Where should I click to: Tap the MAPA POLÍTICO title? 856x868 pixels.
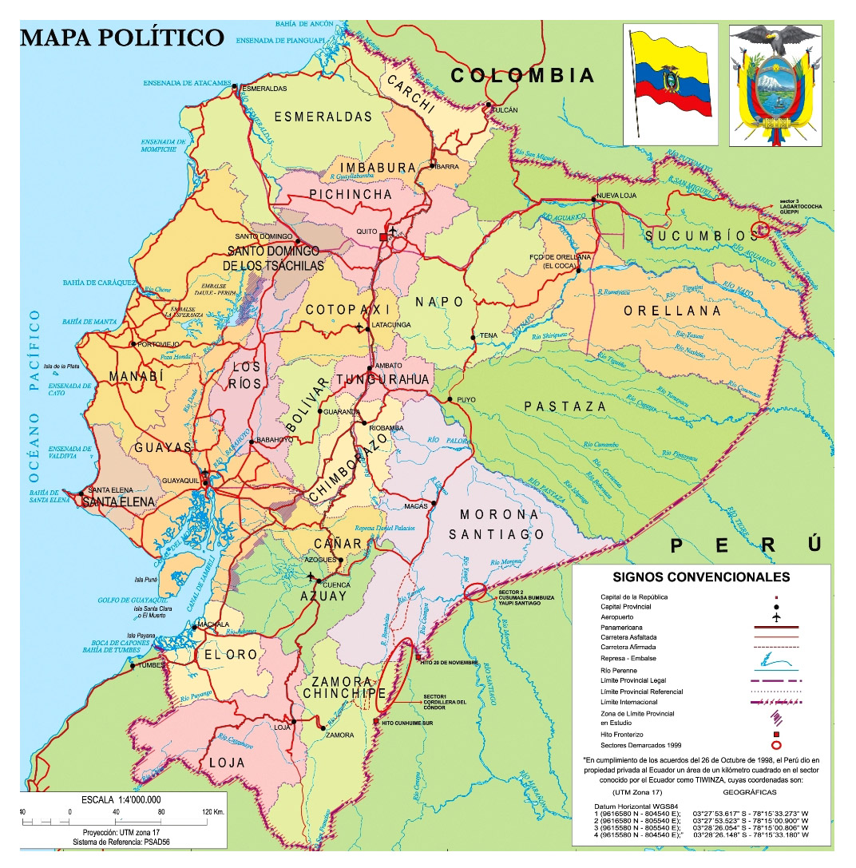(x=122, y=38)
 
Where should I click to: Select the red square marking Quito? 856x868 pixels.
(x=383, y=238)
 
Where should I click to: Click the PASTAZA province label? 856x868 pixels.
(x=565, y=406)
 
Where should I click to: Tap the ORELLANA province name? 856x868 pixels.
(x=672, y=311)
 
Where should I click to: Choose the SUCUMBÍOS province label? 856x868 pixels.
(x=701, y=236)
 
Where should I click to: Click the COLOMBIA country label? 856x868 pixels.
(x=523, y=76)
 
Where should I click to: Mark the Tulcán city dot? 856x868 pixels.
(x=488, y=104)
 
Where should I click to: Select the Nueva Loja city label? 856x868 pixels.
(x=617, y=197)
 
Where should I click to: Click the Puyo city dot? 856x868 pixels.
(x=450, y=399)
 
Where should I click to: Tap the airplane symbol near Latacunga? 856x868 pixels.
(x=359, y=327)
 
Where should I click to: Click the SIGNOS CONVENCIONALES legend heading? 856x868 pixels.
(x=700, y=577)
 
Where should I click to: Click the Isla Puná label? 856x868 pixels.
(x=145, y=579)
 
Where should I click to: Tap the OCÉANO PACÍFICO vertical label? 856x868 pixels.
(x=34, y=395)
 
